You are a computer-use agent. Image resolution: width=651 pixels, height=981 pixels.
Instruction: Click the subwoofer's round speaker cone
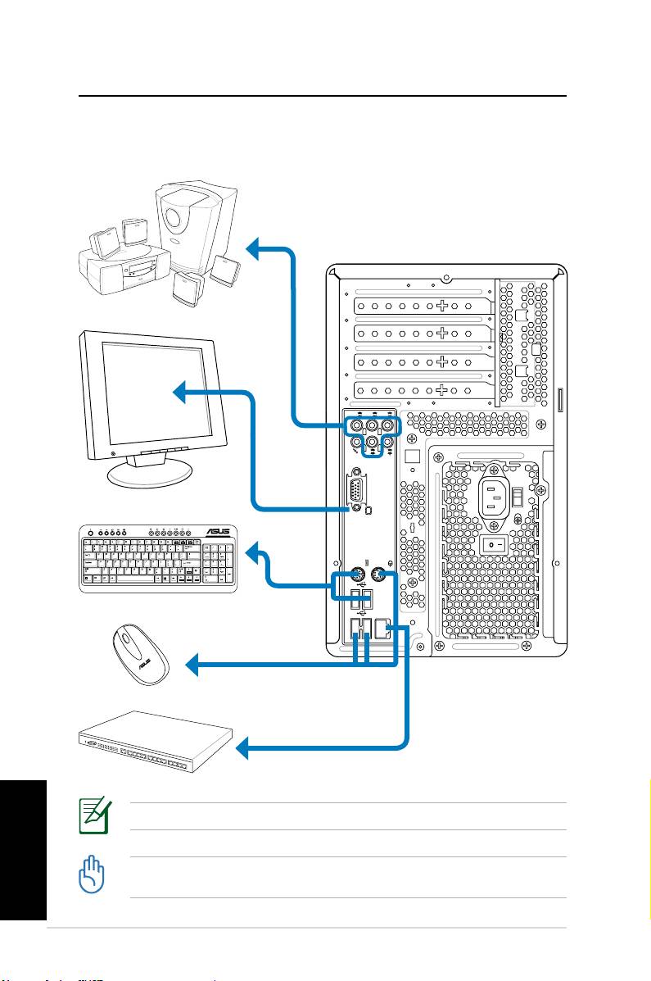coord(173,220)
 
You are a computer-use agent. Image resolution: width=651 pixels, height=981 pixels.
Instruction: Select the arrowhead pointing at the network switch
coord(243,747)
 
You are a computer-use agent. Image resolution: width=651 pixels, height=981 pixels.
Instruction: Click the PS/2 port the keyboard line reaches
coord(357,575)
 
